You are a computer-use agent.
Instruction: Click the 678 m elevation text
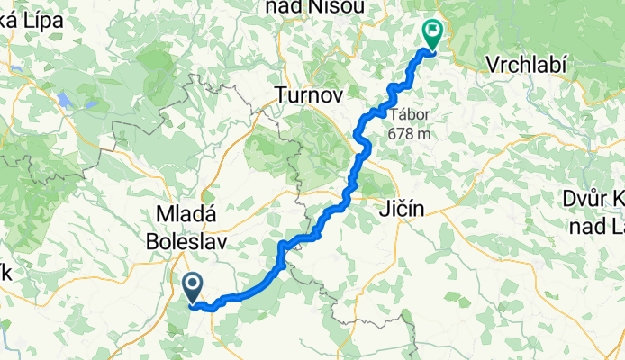410,133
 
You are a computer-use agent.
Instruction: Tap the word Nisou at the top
340,8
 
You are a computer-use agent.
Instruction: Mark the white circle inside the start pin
193,283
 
